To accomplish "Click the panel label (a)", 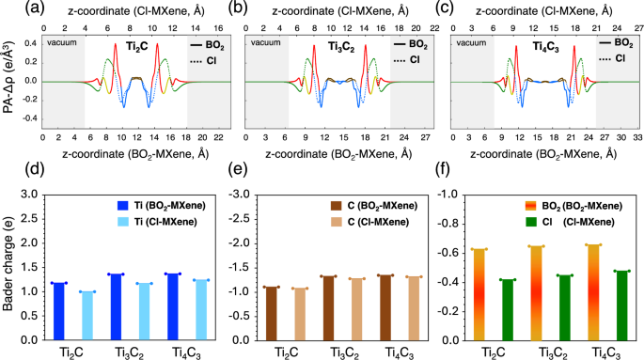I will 13,8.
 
